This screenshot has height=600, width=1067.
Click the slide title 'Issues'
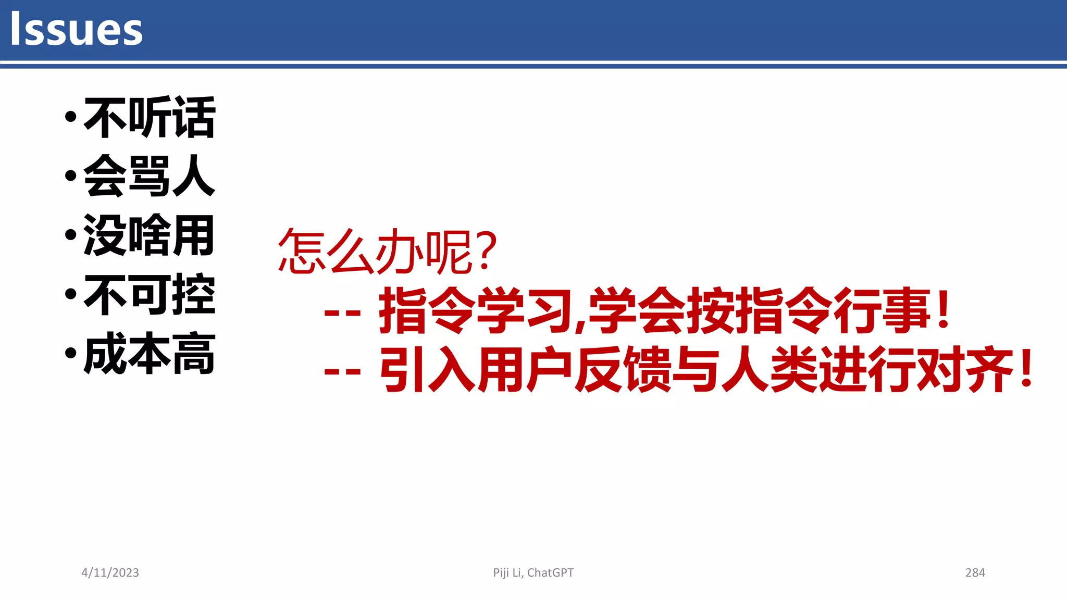[76, 29]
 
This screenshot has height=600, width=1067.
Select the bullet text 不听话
[149, 118]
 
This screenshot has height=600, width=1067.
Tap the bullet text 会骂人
[149, 176]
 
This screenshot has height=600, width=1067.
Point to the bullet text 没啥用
[149, 235]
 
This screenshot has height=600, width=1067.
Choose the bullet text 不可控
[149, 295]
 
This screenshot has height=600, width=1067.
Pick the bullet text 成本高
[149, 354]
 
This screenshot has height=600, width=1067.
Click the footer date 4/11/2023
[110, 573]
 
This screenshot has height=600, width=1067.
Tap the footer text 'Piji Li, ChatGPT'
[533, 573]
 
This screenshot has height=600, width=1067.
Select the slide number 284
[975, 573]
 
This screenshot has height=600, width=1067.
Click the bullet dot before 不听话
[71, 118]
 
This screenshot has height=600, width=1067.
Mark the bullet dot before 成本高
[71, 354]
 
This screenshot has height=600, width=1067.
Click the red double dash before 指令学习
[342, 313]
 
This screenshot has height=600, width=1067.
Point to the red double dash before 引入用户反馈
[342, 372]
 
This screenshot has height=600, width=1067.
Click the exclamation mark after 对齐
[1027, 369]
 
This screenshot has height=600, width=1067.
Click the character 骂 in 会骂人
[149, 176]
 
